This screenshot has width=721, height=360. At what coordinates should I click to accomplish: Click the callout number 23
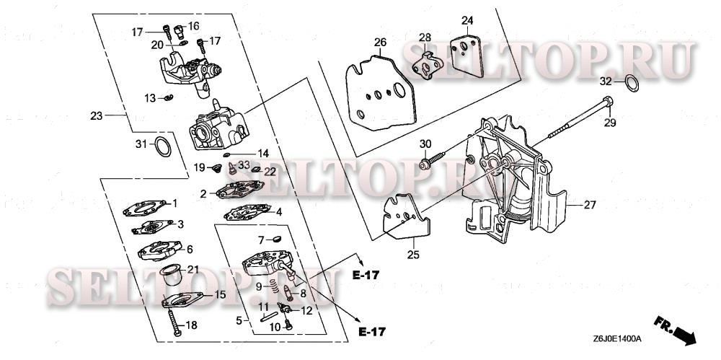(x=97, y=115)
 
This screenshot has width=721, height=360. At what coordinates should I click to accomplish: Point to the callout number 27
(x=589, y=205)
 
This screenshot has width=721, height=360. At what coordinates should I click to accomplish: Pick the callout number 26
(x=380, y=43)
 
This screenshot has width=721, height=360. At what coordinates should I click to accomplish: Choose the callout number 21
(x=193, y=269)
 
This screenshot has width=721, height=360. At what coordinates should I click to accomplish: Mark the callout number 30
(x=425, y=143)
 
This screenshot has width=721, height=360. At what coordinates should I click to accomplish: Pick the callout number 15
(x=220, y=294)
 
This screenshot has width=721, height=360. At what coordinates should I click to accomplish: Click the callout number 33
(x=244, y=164)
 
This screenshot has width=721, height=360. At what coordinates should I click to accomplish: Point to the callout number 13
(x=150, y=97)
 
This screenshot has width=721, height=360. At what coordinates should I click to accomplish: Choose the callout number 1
(x=174, y=203)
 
